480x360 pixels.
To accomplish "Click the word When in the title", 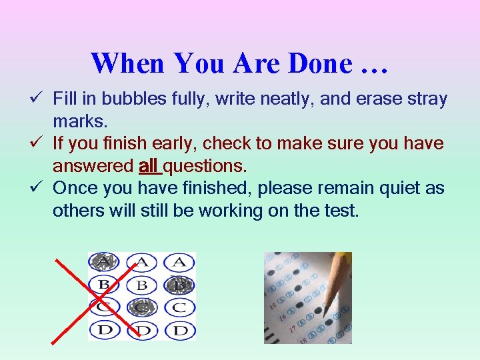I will tap(128, 64).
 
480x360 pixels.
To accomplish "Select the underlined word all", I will tap(148, 165).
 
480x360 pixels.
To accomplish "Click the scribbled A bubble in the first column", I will tap(103, 261).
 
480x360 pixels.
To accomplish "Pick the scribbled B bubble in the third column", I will tap(179, 285).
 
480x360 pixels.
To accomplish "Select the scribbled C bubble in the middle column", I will tap(141, 307).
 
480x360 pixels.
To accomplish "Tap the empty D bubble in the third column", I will tap(179, 329).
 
